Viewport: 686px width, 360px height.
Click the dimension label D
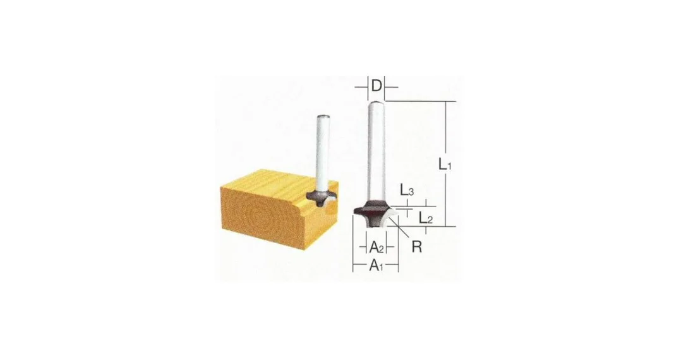click(376, 86)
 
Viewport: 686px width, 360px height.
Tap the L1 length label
click(445, 164)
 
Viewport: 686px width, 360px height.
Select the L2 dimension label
click(426, 217)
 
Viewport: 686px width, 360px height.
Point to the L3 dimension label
click(406, 190)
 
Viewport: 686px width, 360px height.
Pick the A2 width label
click(376, 247)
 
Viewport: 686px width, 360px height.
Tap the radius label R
click(416, 247)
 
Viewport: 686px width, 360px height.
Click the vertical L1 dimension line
click(446, 164)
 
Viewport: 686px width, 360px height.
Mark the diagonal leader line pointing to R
click(399, 228)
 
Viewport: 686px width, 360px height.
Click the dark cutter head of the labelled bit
click(372, 212)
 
